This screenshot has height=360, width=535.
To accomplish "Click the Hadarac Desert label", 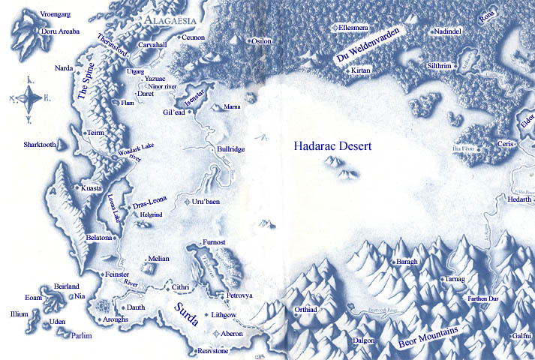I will point(332,147).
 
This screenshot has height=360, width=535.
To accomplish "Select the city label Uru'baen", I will point(207,202).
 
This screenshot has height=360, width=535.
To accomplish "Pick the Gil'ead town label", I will point(174,112).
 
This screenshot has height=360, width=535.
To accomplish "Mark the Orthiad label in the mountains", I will point(307,309).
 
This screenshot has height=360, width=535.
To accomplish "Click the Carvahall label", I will point(152,44).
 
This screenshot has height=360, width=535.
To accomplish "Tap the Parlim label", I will point(81,336).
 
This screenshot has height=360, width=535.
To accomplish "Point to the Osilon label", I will point(261,40).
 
